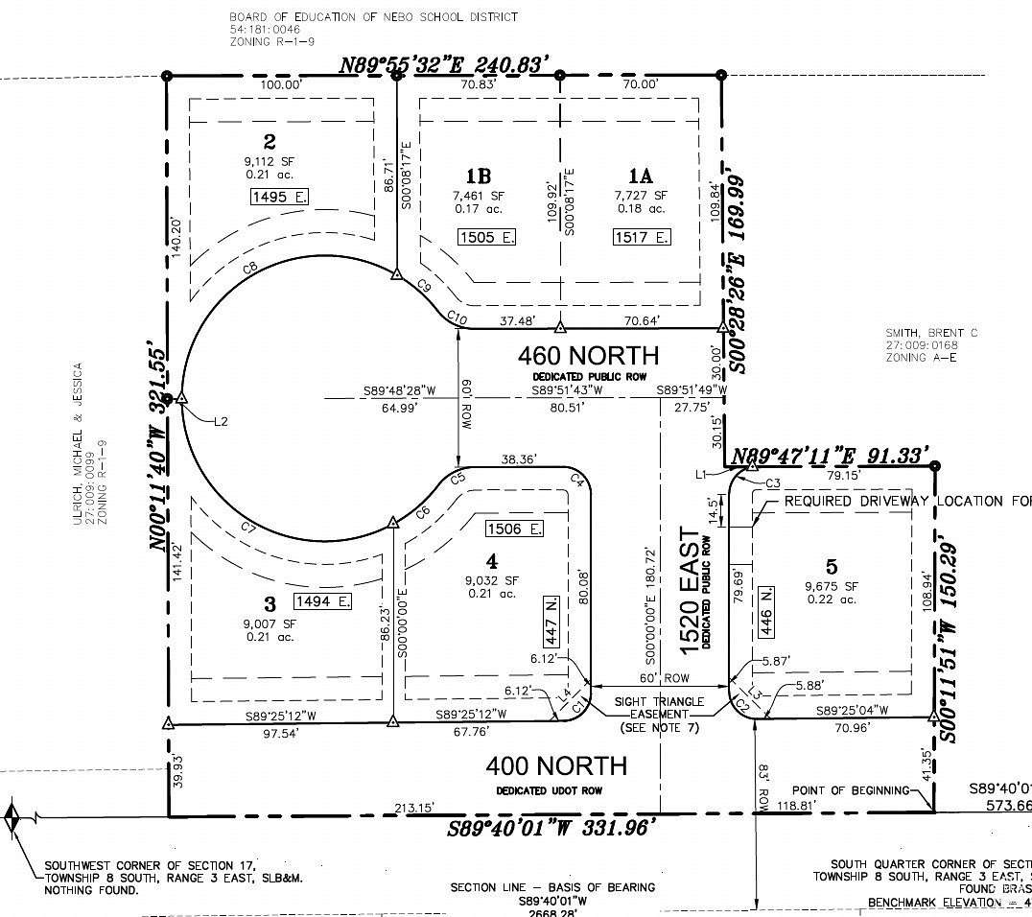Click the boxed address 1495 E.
pyautogui.click(x=280, y=197)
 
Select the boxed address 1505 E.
pyautogui.click(x=485, y=237)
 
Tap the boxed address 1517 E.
pyautogui.click(x=641, y=237)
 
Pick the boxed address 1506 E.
pyautogui.click(x=515, y=529)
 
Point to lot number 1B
pyautogui.click(x=479, y=176)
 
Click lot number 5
pyautogui.click(x=832, y=565)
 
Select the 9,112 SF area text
pyautogui.click(x=270, y=161)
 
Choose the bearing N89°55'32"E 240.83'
pyautogui.click(x=445, y=65)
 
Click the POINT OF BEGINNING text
pyautogui.click(x=849, y=790)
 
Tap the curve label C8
pyautogui.click(x=250, y=270)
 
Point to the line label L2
pyautogui.click(x=222, y=420)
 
